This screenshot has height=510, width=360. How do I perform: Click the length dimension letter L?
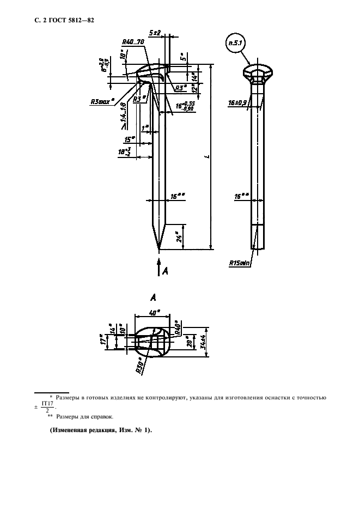point(208,157)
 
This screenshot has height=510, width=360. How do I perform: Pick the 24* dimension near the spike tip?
point(179,236)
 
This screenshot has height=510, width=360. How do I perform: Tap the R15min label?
point(240,263)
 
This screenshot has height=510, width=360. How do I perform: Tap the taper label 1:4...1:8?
point(123,116)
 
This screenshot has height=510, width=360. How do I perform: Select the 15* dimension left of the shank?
point(130,139)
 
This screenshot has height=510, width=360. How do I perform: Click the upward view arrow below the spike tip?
point(159,269)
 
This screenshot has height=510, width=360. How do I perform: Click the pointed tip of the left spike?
point(159,250)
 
